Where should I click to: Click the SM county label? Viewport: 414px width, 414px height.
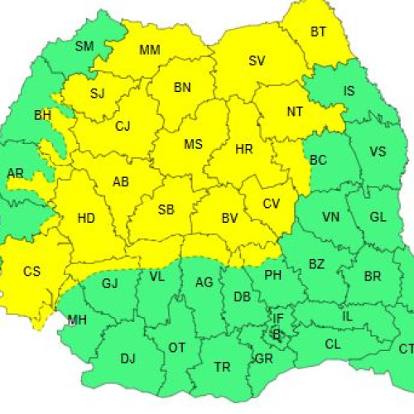84,46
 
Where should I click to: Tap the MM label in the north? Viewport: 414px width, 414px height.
149,50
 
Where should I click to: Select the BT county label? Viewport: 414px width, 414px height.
319,32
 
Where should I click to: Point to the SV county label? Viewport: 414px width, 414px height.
257,60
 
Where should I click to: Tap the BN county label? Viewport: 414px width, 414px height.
182,87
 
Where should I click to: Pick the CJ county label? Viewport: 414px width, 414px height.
123,127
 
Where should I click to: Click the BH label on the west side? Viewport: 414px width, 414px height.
42,114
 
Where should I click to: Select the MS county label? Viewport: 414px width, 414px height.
193,144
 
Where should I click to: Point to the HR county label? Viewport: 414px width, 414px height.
244,149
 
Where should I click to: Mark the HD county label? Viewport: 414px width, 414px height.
85,219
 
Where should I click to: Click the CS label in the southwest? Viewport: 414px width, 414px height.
31,271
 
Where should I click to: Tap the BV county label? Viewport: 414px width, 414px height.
229,219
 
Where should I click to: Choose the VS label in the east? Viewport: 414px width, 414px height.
377,152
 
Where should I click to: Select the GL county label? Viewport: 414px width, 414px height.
378,216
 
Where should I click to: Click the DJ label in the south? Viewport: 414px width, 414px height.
128,358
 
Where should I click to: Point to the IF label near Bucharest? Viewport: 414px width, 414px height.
278,318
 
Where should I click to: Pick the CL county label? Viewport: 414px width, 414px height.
332,344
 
